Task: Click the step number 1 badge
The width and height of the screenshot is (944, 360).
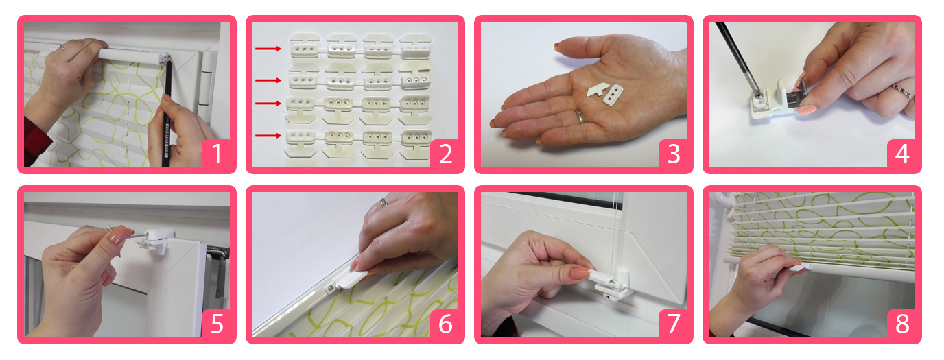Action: (216, 154)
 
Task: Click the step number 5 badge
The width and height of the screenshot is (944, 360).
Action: (216, 324)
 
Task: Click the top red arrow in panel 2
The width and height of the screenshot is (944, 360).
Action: (268, 49)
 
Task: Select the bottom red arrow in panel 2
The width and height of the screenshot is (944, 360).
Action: (268, 136)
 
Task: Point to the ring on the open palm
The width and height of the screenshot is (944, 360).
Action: (580, 117)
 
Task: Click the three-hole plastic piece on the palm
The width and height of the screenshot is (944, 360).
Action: (613, 95)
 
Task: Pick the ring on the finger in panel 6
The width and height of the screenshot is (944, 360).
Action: (383, 202)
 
